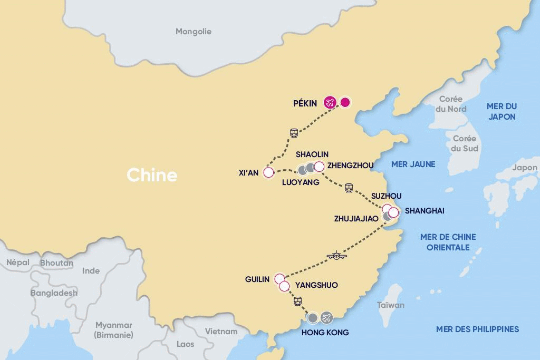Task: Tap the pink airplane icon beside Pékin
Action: pos(331,102)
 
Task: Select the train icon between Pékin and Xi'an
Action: pos(294,133)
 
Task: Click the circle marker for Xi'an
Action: pos(268,172)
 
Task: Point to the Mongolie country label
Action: pos(194,32)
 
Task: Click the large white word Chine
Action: pos(152,176)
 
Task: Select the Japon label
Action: pos(525,168)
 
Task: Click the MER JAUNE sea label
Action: pos(413,164)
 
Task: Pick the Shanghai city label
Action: pos(425,211)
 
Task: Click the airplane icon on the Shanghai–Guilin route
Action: pos(336,256)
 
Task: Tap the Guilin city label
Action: pos(257,279)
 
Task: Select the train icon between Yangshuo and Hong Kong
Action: pos(297,301)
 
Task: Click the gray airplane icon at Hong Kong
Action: pos(327,317)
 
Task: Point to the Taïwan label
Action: pos(391,305)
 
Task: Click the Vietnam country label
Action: pos(221,332)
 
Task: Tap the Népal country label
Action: pos(18,262)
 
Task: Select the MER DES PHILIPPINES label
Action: pos(477,329)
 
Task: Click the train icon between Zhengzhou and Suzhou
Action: pos(348,188)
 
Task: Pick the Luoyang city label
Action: pos(301,182)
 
